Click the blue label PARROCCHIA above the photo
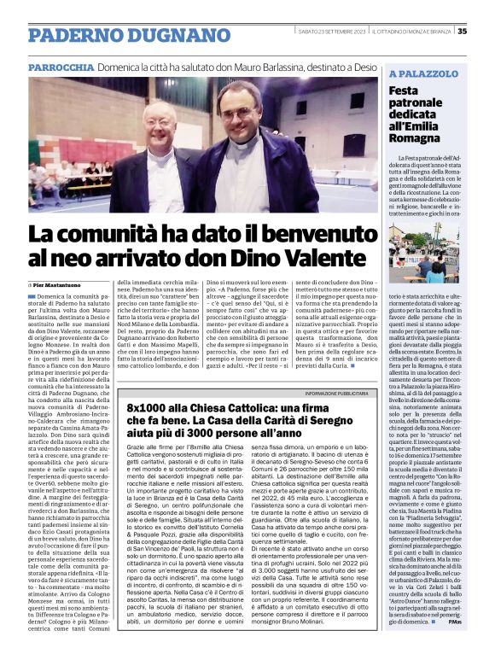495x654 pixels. [x=61, y=67]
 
